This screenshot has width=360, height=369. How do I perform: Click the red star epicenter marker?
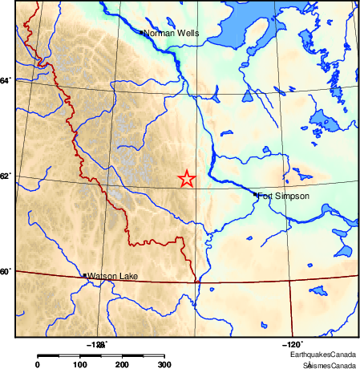coord(186,179)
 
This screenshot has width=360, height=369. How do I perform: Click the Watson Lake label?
coord(112,277)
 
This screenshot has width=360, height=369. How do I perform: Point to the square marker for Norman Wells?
coord(141,33)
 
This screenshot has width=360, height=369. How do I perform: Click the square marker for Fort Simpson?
coord(256,194)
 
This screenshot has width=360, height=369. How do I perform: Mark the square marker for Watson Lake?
coord(85,275)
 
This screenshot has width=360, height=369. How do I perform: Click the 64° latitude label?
coord(6,80)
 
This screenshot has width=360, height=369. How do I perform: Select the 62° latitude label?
coord(6,176)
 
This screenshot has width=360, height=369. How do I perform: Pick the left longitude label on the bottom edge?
coord(96,344)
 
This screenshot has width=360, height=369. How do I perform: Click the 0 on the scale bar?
coord(37,365)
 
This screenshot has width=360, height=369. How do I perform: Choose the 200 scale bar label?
coord(122,365)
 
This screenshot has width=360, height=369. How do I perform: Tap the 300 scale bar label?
coord(164,365)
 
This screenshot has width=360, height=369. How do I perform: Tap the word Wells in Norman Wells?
coord(186,33)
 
